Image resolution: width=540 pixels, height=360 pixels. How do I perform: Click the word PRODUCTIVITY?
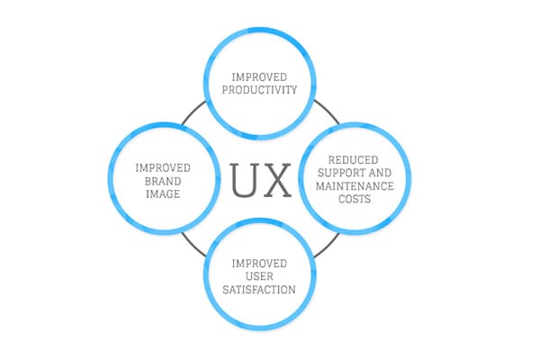[x=259, y=90]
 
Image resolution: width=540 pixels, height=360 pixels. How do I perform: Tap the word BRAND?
[x=163, y=181]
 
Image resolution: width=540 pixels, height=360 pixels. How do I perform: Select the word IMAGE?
[x=163, y=194]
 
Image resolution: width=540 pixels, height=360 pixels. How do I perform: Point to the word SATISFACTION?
[x=259, y=290]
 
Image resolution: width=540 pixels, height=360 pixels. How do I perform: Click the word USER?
[x=260, y=276]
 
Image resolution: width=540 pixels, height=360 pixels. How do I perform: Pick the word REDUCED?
[x=354, y=160]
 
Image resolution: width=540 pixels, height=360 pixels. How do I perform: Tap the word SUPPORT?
[x=342, y=173]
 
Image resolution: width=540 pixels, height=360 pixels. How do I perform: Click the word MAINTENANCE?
[x=355, y=186]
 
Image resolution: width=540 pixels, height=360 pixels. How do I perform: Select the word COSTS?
[x=355, y=199]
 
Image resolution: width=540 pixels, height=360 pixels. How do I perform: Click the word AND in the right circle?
[x=380, y=173]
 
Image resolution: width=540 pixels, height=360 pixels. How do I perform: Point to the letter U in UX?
[x=244, y=180]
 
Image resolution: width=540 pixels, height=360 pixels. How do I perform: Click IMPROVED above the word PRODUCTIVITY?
[x=259, y=76]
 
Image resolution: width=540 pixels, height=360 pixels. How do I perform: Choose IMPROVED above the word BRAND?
[x=163, y=168]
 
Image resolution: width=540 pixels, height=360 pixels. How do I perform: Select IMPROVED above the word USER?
[x=259, y=264]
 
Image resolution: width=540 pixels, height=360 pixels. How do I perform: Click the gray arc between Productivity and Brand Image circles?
[x=193, y=112]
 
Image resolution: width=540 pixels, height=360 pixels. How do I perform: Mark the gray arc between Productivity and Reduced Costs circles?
[x=328, y=111]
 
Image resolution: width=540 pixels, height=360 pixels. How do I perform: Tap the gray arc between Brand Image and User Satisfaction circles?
[x=193, y=246]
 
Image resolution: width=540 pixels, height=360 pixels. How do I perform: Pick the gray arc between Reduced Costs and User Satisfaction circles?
[x=328, y=247]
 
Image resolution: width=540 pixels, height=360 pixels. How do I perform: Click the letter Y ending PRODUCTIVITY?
[x=293, y=90]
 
